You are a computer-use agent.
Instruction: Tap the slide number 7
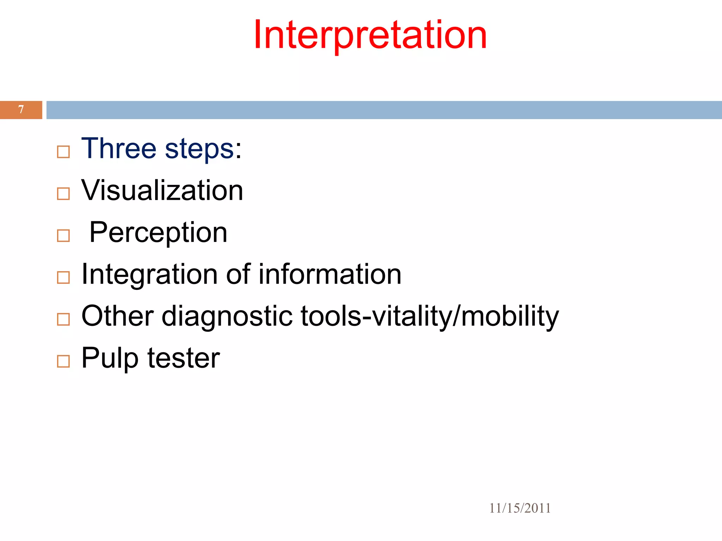(21, 110)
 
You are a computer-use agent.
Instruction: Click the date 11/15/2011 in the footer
(520, 508)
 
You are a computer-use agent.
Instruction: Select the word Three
(119, 148)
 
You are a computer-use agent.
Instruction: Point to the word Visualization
(162, 190)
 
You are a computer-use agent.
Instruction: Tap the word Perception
(158, 232)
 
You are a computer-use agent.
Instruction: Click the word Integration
(149, 274)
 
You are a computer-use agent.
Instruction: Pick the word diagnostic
(227, 316)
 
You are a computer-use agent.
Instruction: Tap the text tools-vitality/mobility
(430, 316)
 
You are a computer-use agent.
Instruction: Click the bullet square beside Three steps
(63, 152)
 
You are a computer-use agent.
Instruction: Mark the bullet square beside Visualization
(63, 194)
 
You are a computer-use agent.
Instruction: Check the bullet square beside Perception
(63, 236)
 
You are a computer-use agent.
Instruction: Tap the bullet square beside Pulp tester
(63, 361)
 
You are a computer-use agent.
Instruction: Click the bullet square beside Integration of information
(63, 278)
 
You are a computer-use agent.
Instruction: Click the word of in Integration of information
(238, 274)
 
